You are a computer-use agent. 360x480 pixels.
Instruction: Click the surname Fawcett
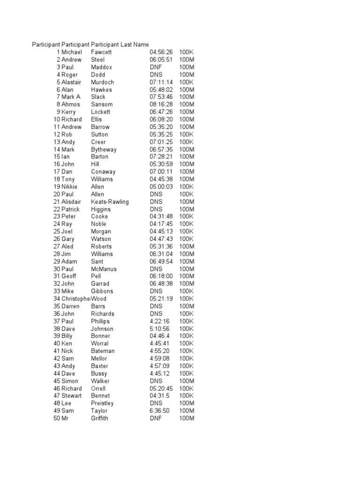101,52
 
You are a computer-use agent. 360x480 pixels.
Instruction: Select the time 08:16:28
161,105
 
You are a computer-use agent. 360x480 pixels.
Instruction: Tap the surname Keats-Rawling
110,202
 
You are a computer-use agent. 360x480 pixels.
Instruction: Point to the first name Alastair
71,82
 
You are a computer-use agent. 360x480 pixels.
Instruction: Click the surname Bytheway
104,150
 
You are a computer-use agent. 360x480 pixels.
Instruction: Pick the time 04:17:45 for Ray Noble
161,224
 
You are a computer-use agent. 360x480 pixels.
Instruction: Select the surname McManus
104,269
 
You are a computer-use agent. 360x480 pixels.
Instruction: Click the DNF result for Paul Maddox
156,67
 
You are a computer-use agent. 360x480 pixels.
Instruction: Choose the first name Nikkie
70,187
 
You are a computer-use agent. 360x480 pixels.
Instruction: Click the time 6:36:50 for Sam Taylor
160,411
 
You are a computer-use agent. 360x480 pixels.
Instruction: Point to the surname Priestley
102,403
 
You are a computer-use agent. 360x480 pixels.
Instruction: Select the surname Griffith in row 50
99,418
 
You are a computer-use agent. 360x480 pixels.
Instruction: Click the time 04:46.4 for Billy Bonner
160,336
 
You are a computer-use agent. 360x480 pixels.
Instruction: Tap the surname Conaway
103,172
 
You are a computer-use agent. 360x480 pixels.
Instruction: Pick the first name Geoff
68,277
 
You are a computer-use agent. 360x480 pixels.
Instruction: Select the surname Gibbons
102,291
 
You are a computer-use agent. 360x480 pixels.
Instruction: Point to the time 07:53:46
161,97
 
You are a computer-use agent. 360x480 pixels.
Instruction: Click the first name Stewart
71,396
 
